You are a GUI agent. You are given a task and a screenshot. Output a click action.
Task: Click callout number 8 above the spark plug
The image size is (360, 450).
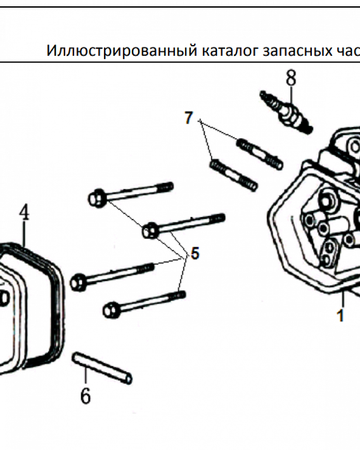point(291,79)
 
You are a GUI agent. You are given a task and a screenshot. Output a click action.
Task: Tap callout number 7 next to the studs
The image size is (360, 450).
point(188,118)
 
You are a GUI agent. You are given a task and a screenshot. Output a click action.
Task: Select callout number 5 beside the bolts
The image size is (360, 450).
point(194,253)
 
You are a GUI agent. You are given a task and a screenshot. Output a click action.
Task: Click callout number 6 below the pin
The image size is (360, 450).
point(85,396)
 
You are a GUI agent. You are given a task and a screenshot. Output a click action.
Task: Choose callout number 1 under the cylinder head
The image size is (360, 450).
point(341,315)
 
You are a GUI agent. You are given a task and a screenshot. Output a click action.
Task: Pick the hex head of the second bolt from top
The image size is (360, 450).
point(149,231)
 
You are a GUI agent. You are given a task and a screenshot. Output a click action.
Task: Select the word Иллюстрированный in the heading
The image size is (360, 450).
point(120,50)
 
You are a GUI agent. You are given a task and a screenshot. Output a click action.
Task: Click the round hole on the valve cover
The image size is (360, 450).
point(4,297)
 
